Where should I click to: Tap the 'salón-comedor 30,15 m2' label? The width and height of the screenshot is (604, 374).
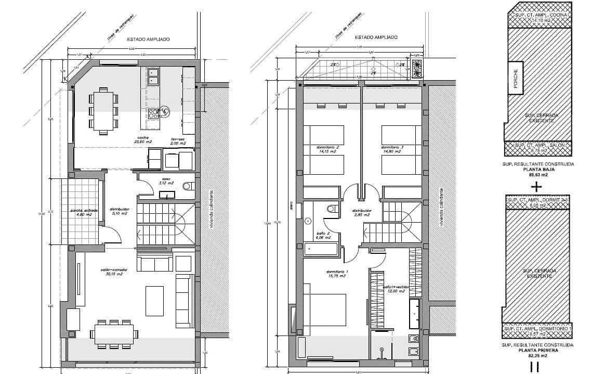(x=112, y=272)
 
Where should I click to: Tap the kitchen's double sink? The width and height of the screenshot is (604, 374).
(x=153, y=76)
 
